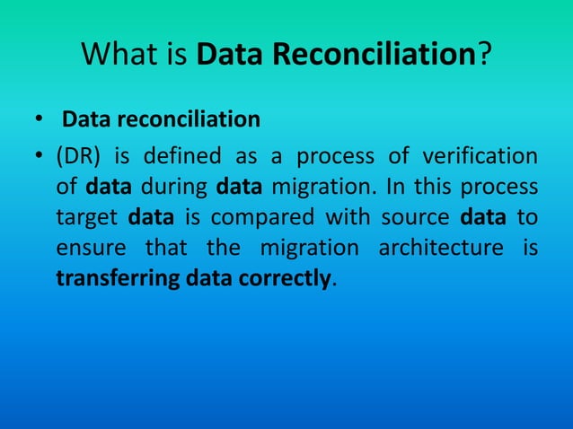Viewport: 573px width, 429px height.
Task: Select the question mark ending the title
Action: coord(484,57)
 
